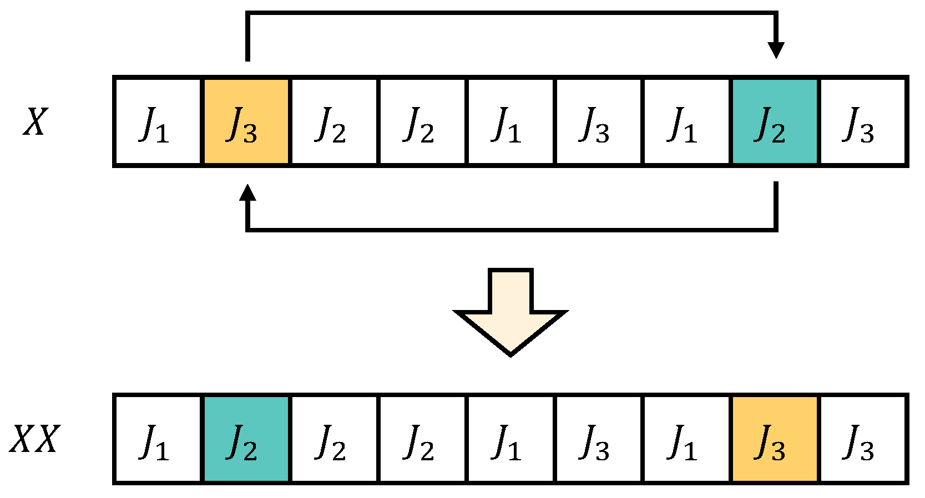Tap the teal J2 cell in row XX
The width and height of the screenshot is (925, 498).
pyautogui.click(x=246, y=439)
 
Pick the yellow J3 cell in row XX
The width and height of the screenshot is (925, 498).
pyautogui.click(x=775, y=439)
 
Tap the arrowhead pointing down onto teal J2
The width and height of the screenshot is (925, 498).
pyautogui.click(x=776, y=50)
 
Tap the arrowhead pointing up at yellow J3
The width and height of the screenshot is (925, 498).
pyautogui.click(x=247, y=193)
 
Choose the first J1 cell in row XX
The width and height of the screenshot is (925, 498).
pyautogui.click(x=157, y=439)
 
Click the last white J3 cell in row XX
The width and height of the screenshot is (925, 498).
pyautogui.click(x=863, y=439)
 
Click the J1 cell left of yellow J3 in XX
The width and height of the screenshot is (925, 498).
pyautogui.click(x=686, y=439)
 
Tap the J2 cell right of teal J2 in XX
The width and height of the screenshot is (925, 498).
pyautogui.click(x=333, y=439)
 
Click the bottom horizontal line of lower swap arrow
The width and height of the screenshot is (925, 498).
pyautogui.click(x=510, y=228)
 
